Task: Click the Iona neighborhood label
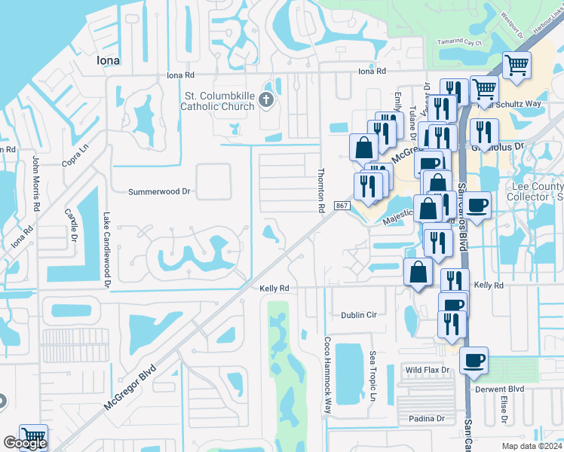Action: (x=110, y=60)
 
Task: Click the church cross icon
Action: (x=265, y=99)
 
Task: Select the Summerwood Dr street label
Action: (x=160, y=192)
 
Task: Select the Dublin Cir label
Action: (x=357, y=315)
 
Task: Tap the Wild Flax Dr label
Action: (x=427, y=370)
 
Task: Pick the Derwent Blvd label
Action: (x=499, y=389)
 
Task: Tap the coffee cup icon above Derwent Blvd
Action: (x=474, y=361)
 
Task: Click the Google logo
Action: (x=24, y=443)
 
